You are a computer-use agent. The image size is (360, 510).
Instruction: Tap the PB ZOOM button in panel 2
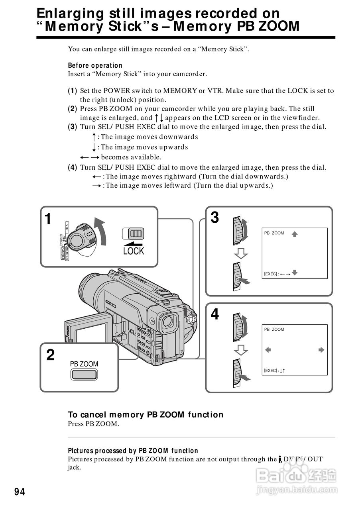pos(84,374)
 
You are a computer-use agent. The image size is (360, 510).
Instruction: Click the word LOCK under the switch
pos(133,251)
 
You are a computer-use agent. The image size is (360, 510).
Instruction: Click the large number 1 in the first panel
pos(48,219)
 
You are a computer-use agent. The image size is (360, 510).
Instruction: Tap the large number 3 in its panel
pos(214,218)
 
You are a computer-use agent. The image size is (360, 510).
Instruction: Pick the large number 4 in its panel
pos(214,315)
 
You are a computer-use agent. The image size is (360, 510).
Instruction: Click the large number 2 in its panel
pos(51,355)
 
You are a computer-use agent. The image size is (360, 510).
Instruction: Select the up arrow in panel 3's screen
pos(295,234)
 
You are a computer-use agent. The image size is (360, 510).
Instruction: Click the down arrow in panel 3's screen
pos(295,273)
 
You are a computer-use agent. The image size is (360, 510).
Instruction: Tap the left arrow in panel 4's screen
pos(268,350)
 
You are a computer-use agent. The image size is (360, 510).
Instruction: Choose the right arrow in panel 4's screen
pos(321,350)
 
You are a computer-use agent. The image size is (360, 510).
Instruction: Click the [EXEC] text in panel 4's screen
pos(270,371)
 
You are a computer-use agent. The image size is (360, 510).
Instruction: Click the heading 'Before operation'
pos(95,65)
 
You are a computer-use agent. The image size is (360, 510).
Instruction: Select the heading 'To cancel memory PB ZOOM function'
pos(146,414)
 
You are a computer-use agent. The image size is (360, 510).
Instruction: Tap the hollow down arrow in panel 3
pos(240,253)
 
